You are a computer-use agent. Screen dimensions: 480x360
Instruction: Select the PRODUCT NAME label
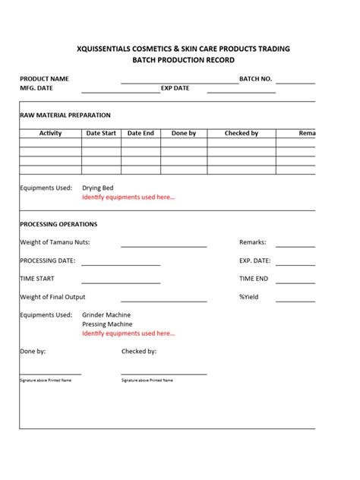(x=44, y=78)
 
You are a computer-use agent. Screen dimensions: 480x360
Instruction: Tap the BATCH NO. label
(x=255, y=78)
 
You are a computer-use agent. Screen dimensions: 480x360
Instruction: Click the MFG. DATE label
(x=37, y=88)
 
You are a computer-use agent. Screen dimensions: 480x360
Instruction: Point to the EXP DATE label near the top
(x=175, y=88)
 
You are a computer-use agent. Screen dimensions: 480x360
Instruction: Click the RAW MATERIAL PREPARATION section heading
(x=65, y=115)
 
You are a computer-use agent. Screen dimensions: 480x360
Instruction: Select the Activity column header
(x=50, y=134)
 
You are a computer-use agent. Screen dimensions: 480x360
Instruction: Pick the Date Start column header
(x=101, y=134)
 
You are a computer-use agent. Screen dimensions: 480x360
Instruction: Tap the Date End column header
(x=141, y=134)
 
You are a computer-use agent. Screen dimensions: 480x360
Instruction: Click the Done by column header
(x=184, y=134)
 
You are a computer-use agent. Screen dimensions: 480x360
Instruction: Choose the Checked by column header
(x=242, y=134)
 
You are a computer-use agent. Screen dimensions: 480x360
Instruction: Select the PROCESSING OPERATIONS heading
(x=58, y=224)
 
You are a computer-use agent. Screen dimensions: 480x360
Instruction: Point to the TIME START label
(x=36, y=279)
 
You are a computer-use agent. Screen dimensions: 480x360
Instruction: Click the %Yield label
(x=249, y=297)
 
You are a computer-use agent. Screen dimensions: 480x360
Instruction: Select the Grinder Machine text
(x=106, y=314)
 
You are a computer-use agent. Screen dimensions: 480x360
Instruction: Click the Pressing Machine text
(x=107, y=324)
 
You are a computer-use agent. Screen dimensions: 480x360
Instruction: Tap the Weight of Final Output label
(x=52, y=297)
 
